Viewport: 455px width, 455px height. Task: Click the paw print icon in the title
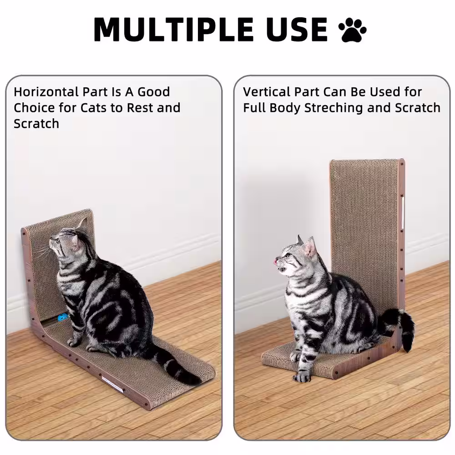pyautogui.click(x=352, y=30)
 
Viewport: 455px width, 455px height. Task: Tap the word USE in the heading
pyautogui.click(x=298, y=30)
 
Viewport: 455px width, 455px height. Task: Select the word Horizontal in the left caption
pyautogui.click(x=46, y=92)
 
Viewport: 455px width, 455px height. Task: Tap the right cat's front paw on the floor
pyautogui.click(x=303, y=377)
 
